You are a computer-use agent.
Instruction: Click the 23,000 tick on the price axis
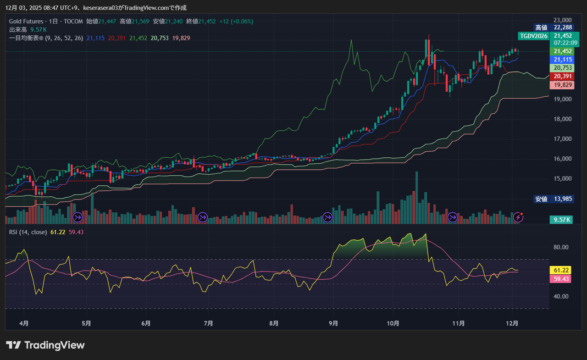click(562, 20)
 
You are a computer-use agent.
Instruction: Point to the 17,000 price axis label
click(562, 139)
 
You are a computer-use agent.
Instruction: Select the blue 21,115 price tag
click(563, 60)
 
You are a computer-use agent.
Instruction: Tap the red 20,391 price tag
click(563, 76)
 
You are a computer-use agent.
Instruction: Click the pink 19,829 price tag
click(563, 85)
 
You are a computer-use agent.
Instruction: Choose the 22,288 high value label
click(563, 28)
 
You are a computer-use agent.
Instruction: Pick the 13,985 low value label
click(563, 199)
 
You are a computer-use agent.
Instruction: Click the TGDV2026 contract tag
click(533, 36)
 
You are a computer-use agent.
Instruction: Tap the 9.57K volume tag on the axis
click(562, 220)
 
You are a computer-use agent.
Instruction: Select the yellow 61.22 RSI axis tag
click(562, 271)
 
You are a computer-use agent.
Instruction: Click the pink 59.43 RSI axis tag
click(562, 279)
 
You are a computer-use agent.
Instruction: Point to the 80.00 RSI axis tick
click(561, 247)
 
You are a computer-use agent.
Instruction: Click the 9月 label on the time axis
click(333, 323)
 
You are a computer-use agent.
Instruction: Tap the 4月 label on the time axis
click(24, 323)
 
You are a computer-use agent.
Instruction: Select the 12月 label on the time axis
click(512, 323)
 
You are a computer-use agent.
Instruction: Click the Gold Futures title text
click(26, 22)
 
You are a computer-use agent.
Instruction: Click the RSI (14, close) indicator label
click(28, 232)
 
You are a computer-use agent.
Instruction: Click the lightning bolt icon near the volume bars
click(519, 216)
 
